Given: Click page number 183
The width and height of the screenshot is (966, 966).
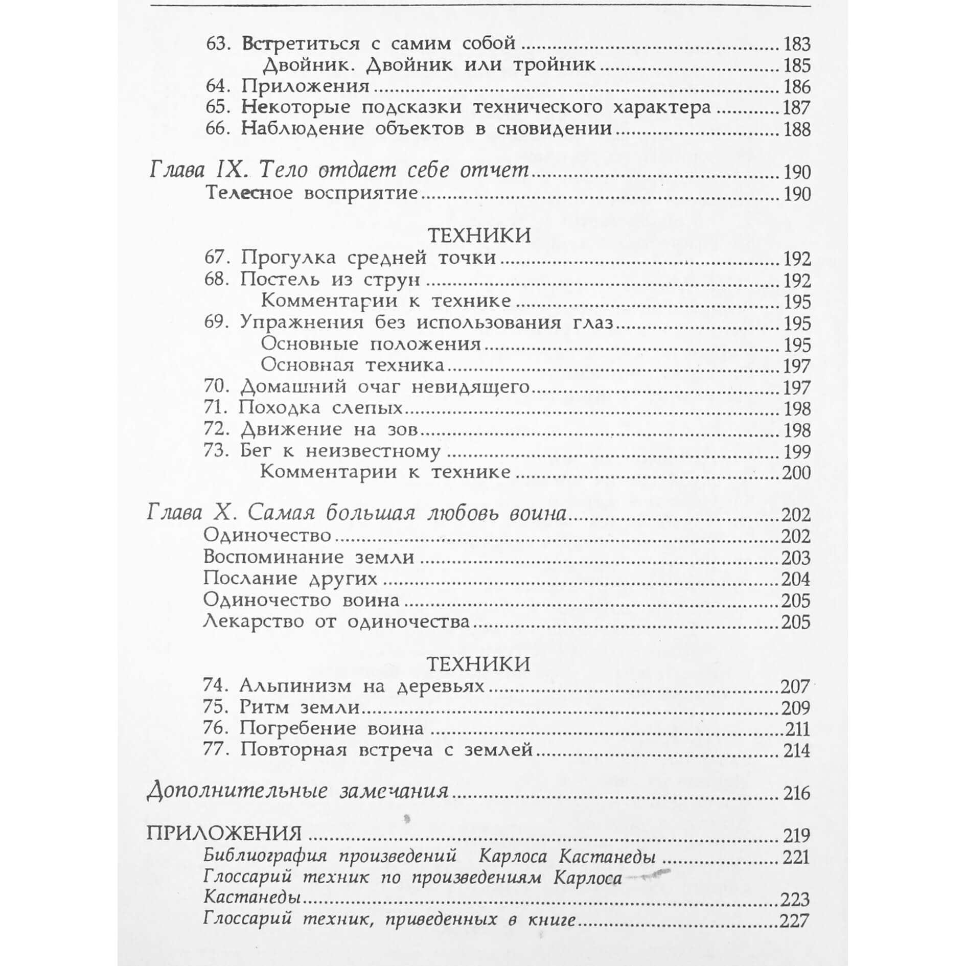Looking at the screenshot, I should [797, 44].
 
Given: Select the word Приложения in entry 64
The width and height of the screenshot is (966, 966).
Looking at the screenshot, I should [305, 86].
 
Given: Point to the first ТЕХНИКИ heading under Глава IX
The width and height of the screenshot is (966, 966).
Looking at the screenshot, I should [479, 236].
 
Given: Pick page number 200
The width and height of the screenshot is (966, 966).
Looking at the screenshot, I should [796, 473].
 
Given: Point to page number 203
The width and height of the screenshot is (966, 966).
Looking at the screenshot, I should [796, 557].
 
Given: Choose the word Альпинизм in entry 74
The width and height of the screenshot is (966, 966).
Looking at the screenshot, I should [296, 686].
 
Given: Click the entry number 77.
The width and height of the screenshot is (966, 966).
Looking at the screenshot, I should [216, 750].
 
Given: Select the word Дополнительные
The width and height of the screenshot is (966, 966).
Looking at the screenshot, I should [237, 792].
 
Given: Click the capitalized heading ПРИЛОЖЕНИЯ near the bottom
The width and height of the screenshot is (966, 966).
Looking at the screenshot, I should [224, 834].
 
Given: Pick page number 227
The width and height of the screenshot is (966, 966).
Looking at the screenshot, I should [795, 921].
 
